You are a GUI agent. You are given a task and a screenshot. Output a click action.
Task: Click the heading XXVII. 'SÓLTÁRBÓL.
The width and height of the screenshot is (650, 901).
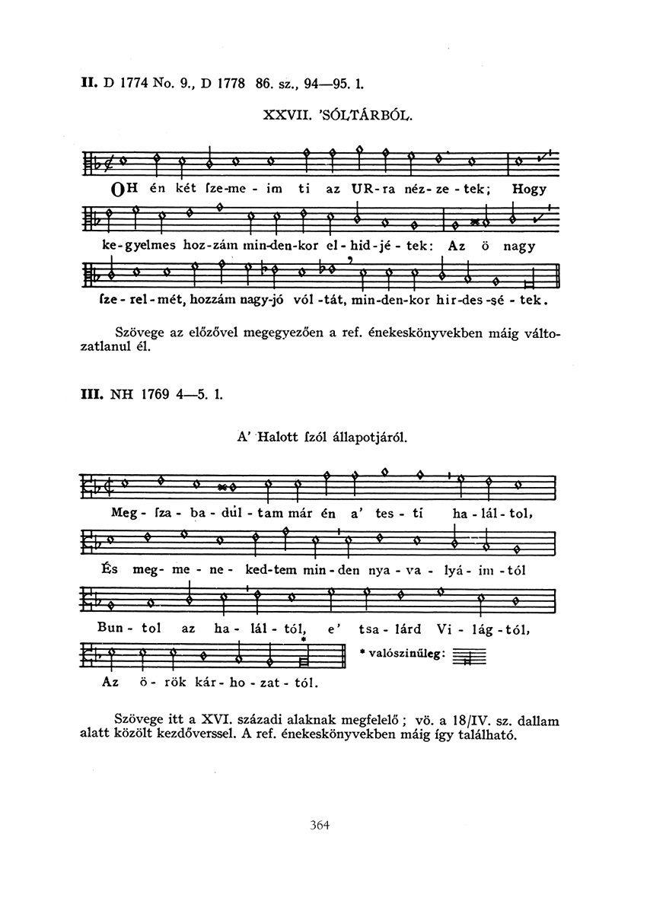[x=339, y=116]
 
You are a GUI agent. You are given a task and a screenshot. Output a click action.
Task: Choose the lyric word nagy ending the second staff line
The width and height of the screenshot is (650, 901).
[x=520, y=247]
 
